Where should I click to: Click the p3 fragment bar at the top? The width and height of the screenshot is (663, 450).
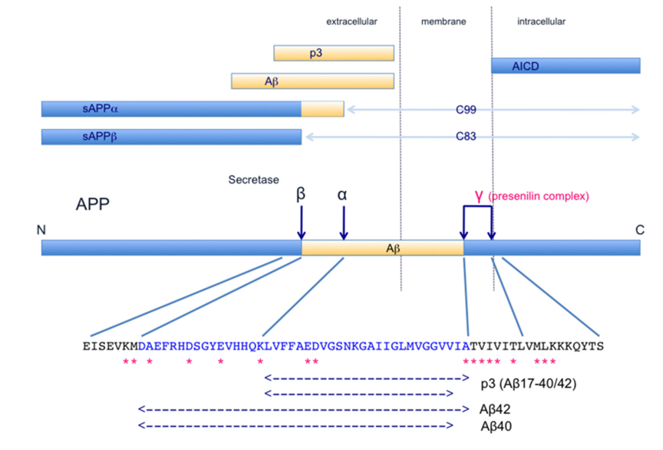334,53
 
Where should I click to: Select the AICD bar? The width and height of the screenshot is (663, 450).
566,66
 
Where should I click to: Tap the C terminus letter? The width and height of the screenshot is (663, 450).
639,230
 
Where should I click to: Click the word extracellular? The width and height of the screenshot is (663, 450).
351,22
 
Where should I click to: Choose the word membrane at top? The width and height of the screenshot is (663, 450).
443,22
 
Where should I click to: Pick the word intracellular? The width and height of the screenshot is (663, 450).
541,22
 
